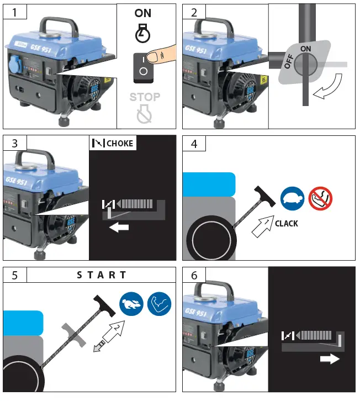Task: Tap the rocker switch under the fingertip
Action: (143, 66)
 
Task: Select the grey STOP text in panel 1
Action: (145, 97)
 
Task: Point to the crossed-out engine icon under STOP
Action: (145, 114)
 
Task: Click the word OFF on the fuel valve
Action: (288, 60)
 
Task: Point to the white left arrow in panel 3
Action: (119, 227)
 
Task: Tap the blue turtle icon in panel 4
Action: (292, 197)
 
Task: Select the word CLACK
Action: (286, 224)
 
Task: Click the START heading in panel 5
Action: (102, 275)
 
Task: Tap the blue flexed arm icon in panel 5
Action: (160, 303)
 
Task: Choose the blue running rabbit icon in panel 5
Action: (131, 303)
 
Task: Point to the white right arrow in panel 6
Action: (329, 359)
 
